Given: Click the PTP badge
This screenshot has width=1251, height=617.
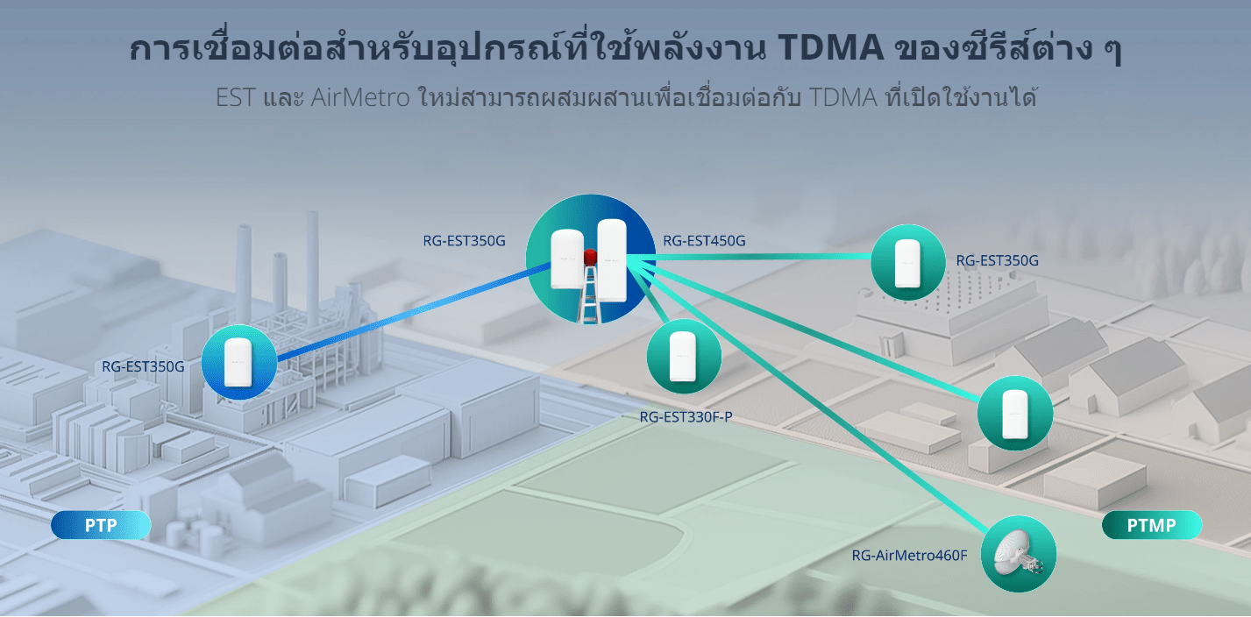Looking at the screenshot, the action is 101,525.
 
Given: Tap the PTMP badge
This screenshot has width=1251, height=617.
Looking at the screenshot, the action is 1152,525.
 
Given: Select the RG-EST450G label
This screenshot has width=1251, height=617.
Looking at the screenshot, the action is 704,241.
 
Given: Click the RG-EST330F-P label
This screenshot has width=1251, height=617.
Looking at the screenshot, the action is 686,417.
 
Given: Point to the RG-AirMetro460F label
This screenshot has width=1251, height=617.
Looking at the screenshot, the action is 909,555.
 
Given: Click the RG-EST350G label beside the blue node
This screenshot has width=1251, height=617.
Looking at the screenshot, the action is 143,366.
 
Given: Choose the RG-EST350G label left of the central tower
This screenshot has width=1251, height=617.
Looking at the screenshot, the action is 464,241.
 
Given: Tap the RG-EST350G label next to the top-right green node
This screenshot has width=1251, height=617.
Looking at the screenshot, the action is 998,260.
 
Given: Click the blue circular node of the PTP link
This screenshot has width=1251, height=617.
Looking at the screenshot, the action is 239,362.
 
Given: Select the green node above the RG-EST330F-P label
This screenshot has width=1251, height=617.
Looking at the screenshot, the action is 684,356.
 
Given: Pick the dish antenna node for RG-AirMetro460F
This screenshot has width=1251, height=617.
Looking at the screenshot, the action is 1019,554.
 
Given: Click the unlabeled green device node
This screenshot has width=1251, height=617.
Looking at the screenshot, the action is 1015,413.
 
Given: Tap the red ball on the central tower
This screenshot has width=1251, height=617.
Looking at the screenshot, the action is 590,257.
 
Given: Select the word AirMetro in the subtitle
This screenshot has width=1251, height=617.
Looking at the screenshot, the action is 360,97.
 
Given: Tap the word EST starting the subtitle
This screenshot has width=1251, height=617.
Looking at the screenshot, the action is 236,97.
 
